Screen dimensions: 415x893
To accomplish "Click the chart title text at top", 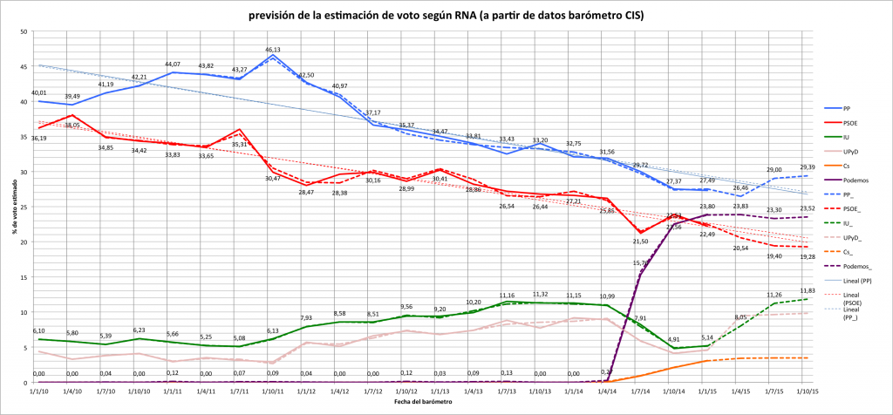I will (446, 15).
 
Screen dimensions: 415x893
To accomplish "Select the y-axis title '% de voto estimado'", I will (10, 207).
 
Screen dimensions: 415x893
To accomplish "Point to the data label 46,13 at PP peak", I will (272, 50).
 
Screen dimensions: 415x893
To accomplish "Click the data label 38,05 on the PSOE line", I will (72, 125).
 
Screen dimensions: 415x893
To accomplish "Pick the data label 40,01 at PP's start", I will (38, 92).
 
